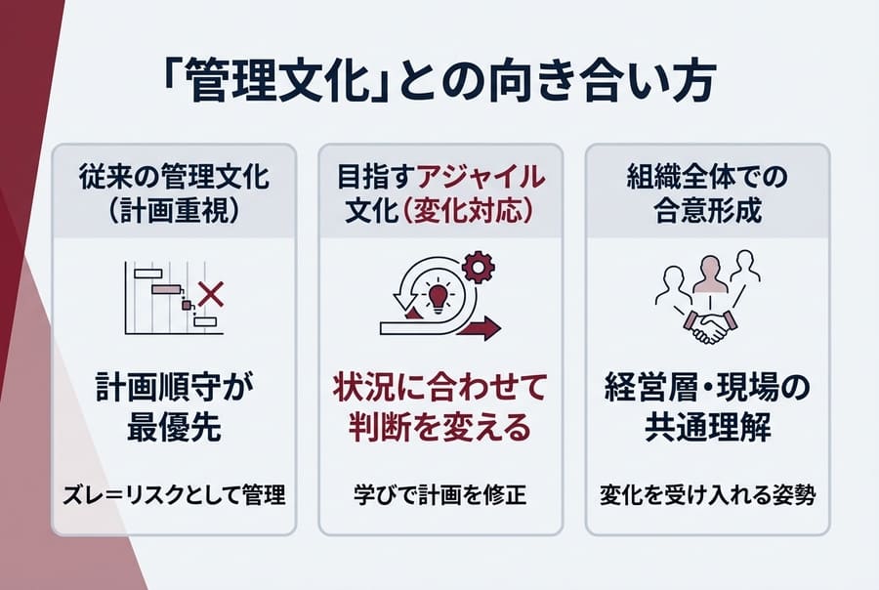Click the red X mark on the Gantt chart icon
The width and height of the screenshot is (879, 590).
209,291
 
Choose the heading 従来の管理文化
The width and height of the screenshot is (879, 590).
173,177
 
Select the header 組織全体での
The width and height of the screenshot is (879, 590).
707,177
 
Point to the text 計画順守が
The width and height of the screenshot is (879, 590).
173,386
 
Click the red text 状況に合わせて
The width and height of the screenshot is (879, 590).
440,386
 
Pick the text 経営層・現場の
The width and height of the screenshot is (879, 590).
707,386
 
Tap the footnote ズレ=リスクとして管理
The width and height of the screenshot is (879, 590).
173,494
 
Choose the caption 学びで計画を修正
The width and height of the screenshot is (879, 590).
440,494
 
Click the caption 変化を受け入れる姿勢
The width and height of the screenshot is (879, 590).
707,494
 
